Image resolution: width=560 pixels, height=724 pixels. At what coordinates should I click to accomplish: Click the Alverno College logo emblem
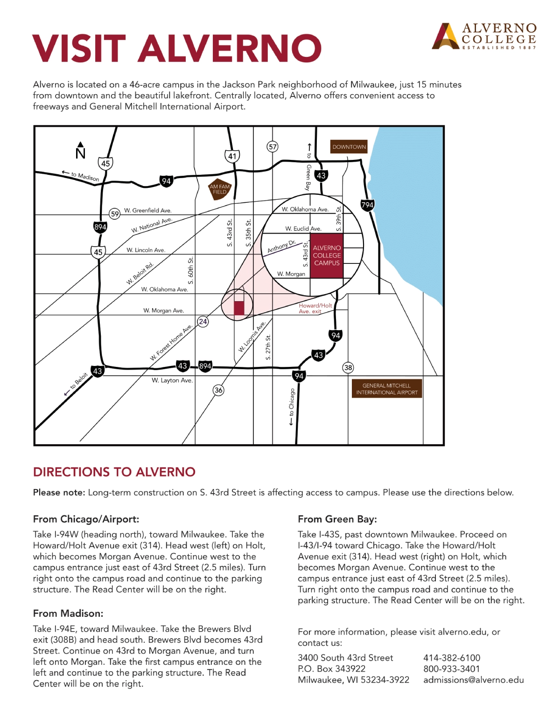pyautogui.click(x=446, y=37)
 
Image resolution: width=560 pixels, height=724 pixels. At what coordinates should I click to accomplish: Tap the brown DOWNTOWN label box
pyautogui.click(x=349, y=146)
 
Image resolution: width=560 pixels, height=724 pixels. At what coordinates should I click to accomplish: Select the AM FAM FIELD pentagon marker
pyautogui.click(x=220, y=190)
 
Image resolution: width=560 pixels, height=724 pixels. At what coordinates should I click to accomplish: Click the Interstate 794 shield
pyautogui.click(x=367, y=205)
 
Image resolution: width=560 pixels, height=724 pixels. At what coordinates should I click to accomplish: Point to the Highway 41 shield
pyautogui.click(x=232, y=156)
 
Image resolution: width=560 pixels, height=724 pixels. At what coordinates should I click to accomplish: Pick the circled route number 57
pyautogui.click(x=273, y=146)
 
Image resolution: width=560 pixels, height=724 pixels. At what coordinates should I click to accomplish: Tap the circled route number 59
pyautogui.click(x=115, y=214)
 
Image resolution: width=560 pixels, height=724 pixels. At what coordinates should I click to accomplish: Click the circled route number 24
pyautogui.click(x=203, y=322)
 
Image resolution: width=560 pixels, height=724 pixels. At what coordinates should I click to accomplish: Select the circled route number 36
pyautogui.click(x=218, y=390)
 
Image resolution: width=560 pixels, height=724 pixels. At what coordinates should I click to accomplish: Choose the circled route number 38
pyautogui.click(x=348, y=367)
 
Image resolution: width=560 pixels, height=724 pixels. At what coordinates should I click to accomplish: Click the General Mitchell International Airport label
pyautogui.click(x=387, y=389)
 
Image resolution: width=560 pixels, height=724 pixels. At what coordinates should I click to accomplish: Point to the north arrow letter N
pyautogui.click(x=80, y=154)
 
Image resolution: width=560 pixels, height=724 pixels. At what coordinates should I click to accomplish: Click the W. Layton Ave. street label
pyautogui.click(x=172, y=380)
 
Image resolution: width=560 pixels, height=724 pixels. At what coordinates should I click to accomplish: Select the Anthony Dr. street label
pyautogui.click(x=282, y=247)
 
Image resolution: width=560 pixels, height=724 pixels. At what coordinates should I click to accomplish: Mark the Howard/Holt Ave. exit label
pyautogui.click(x=315, y=308)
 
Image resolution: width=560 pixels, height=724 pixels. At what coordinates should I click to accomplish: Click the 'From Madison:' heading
pyautogui.click(x=68, y=614)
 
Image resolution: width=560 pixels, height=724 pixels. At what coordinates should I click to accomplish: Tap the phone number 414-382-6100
pyautogui.click(x=452, y=658)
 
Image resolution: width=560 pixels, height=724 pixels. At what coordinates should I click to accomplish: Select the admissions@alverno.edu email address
pyautogui.click(x=474, y=680)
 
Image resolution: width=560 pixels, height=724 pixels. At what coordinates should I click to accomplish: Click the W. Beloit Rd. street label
pyautogui.click(x=140, y=274)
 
